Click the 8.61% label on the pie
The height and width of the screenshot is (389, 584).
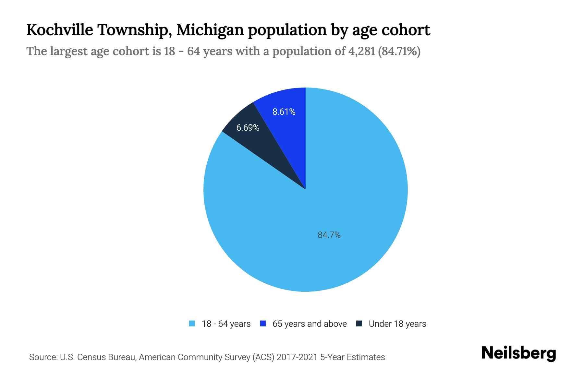coord(284,112)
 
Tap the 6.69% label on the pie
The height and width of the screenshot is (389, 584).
coord(248,128)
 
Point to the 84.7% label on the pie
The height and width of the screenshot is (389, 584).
coord(329,235)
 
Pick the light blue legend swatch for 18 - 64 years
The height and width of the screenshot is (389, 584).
coord(192,324)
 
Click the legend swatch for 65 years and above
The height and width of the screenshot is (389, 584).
coord(263,324)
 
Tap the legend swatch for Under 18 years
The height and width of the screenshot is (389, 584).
coord(359,324)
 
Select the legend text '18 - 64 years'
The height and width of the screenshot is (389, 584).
coord(226,324)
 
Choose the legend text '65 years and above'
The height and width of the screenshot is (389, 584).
coord(310,324)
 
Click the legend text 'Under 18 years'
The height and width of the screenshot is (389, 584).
coord(397,324)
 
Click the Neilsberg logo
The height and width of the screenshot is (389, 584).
coord(518,353)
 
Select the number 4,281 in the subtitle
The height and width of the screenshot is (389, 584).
coord(361,51)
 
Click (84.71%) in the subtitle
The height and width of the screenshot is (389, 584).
coord(399,51)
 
